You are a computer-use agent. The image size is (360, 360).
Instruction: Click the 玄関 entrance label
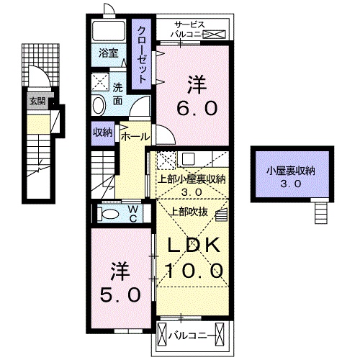pos(37,101)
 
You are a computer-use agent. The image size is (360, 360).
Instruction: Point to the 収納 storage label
pos(102,132)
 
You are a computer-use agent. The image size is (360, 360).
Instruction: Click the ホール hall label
pos(135,136)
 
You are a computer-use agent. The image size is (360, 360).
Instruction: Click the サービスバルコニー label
pos(190,29)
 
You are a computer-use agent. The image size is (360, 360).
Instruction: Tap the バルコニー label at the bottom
pos(189,335)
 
